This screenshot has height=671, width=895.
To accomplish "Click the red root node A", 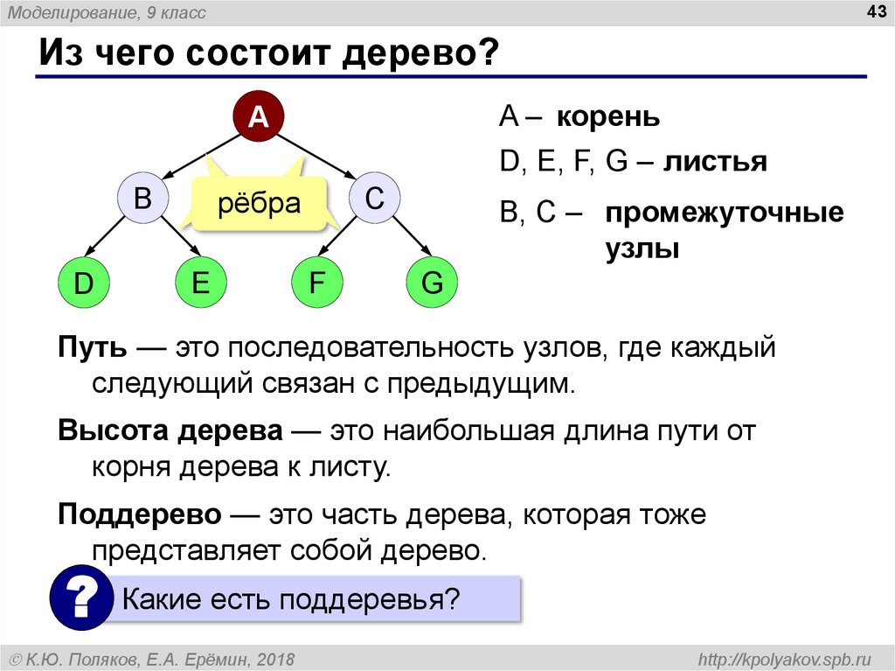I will tap(258, 115).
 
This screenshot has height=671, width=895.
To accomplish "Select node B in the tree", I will tap(142, 199).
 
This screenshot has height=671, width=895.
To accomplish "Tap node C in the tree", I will tap(375, 199).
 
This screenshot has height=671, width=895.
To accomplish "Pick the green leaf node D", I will tap(84, 283).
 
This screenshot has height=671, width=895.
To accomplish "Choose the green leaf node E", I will tap(200, 283).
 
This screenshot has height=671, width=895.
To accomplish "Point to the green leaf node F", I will tap(316, 283).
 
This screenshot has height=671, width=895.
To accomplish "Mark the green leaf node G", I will tap(433, 283).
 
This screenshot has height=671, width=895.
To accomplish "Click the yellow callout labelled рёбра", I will tap(259, 204).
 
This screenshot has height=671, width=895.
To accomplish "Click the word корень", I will tap(608, 117).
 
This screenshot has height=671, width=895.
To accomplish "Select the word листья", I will tap(715, 162).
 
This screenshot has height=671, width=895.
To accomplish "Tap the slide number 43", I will tap(874, 11).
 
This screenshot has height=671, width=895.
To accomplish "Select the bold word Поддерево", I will tap(140, 514).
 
